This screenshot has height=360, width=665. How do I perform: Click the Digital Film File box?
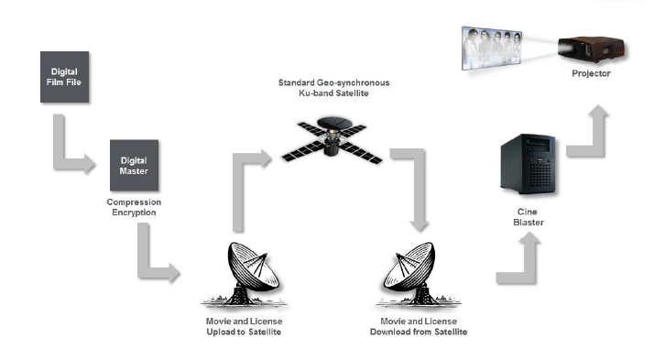64,77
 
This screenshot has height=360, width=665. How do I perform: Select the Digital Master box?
134,166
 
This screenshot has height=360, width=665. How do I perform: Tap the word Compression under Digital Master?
134,202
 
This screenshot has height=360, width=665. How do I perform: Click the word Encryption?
134,212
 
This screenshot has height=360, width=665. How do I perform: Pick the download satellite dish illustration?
418,274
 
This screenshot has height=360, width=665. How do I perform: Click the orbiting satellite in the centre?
332,140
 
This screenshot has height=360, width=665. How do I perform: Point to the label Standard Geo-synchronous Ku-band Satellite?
333,88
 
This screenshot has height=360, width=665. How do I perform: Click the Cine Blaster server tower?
528,164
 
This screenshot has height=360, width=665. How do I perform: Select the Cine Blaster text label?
528,217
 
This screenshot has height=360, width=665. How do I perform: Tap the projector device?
592,49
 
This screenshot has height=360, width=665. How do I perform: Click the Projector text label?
591,73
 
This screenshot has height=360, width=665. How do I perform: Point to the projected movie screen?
492,49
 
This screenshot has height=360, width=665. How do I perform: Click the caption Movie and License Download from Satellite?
419,326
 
